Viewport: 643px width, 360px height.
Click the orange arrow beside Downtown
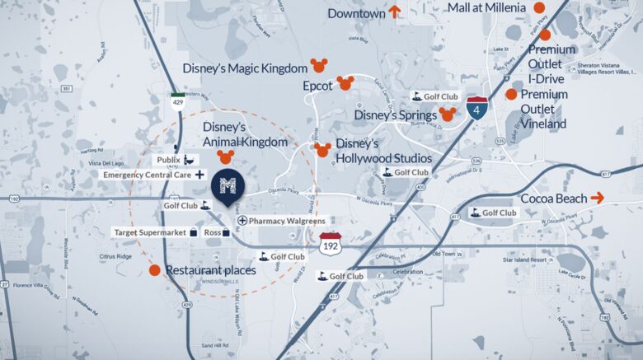point(395,12)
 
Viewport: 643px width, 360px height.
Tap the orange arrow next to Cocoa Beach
point(598,198)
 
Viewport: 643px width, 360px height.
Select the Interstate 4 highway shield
point(476,108)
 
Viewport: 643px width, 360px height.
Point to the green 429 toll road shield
point(178,101)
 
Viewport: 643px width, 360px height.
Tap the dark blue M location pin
point(228,187)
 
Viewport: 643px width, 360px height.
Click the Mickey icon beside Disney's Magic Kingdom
point(318,65)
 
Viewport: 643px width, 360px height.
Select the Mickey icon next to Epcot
point(345,83)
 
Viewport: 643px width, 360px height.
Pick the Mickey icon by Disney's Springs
point(448,114)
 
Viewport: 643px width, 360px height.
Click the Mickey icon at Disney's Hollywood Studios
point(323,149)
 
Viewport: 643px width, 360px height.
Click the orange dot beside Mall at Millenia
point(539,8)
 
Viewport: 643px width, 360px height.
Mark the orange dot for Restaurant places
point(154,269)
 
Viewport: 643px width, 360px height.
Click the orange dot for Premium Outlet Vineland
point(511,94)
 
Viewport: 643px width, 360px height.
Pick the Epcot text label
point(317,85)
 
